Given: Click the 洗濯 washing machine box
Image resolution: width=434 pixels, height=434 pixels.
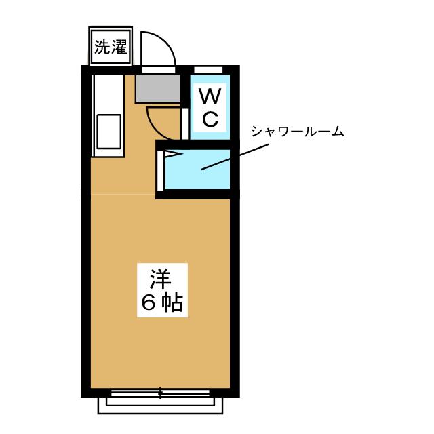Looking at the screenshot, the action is pyautogui.click(x=111, y=46).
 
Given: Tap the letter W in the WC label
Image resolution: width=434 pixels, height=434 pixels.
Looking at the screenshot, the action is pyautogui.click(x=210, y=96).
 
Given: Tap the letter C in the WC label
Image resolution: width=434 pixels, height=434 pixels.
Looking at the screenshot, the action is pyautogui.click(x=210, y=119).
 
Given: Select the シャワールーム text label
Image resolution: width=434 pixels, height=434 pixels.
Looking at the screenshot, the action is pyautogui.click(x=297, y=131).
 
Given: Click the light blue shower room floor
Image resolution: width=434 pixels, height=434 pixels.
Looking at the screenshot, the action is pyautogui.click(x=197, y=170).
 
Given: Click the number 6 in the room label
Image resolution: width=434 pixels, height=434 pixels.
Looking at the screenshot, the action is pyautogui.click(x=148, y=302).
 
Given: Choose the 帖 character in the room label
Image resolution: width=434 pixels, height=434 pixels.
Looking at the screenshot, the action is pyautogui.click(x=172, y=302).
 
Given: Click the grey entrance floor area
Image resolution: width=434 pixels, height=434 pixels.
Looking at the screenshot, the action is pyautogui.click(x=158, y=89).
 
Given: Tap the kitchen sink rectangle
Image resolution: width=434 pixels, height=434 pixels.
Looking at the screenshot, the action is pyautogui.click(x=109, y=132).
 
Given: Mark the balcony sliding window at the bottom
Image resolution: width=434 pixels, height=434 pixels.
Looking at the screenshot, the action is pyautogui.click(x=160, y=393).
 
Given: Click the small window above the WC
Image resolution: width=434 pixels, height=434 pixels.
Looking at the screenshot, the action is pyautogui.click(x=208, y=69).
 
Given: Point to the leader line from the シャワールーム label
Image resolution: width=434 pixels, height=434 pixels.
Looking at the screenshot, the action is pyautogui.click(x=235, y=157).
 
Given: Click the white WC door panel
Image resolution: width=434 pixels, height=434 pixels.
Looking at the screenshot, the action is pyautogui.click(x=185, y=123).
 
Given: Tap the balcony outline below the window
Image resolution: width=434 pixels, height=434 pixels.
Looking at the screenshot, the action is pyautogui.click(x=160, y=406).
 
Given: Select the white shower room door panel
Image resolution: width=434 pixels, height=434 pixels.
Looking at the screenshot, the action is pyautogui.click(x=160, y=171).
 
